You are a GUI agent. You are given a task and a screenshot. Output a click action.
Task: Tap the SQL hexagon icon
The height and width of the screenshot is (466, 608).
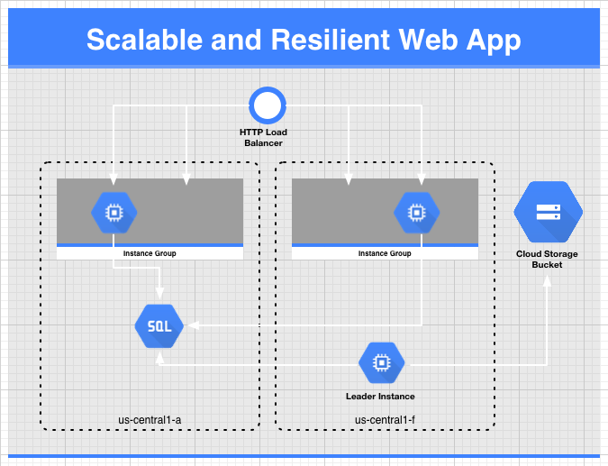pyautogui.click(x=159, y=326)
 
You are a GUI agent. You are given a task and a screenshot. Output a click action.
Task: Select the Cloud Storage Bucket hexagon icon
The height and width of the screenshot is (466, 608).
pyautogui.click(x=548, y=212)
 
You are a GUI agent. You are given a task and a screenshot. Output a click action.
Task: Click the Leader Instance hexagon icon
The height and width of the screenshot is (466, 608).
pyautogui.click(x=382, y=362)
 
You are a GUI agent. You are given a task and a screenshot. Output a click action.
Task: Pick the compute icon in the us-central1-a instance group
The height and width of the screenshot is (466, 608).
pyautogui.click(x=114, y=213)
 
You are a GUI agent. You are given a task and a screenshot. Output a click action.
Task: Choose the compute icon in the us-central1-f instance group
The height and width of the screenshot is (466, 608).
pyautogui.click(x=416, y=213)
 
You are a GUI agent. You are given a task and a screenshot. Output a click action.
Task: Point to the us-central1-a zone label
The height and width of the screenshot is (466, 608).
pyautogui.click(x=150, y=420)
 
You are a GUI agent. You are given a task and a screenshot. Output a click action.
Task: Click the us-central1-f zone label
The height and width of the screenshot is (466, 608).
pyautogui.click(x=385, y=420)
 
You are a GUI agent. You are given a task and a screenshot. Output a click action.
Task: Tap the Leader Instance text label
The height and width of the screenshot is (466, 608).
pyautogui.click(x=380, y=397)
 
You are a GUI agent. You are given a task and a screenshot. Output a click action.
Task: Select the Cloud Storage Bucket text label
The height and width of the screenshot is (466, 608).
pyautogui.click(x=547, y=260)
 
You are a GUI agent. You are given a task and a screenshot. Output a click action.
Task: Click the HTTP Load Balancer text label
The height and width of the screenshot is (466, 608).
pyautogui.click(x=263, y=137)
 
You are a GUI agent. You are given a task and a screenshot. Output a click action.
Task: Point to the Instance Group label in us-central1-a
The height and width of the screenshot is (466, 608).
pyautogui.click(x=150, y=253)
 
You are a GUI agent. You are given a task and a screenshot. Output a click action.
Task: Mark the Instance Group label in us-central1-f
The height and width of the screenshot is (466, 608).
pyautogui.click(x=385, y=253)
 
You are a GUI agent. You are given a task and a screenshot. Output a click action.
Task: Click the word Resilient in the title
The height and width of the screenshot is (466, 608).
pyautogui.click(x=331, y=40)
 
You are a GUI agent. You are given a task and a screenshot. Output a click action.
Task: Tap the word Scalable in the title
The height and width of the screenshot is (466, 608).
pyautogui.click(x=145, y=40)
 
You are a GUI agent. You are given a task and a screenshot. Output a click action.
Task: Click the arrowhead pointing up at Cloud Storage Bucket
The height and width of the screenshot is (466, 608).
pyautogui.click(x=547, y=281)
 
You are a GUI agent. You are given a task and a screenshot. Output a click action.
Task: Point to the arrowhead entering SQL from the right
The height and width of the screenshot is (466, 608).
pyautogui.click(x=194, y=325)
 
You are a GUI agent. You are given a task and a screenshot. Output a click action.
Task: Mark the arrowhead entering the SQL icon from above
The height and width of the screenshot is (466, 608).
pyautogui.click(x=159, y=293)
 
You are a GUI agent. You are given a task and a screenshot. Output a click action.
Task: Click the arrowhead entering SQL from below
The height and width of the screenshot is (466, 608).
pyautogui.click(x=159, y=358)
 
